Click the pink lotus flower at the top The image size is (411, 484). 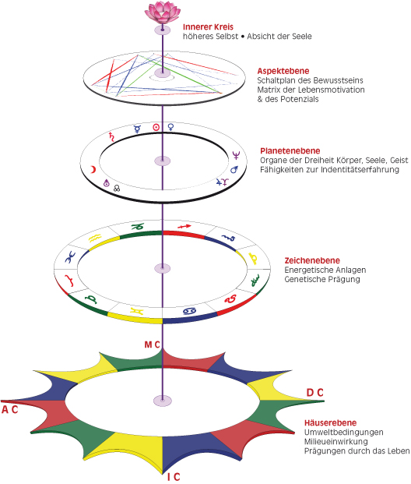coord(163,12)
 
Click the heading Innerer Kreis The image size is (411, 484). coord(208,27)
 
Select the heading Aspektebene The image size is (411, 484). coord(283,71)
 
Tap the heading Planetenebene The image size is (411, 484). coord(290,151)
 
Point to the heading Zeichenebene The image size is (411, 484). coord(312,260)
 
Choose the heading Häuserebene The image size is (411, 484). coord(330,423)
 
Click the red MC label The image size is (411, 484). coord(153,344)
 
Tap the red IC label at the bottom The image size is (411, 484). coord(174,477)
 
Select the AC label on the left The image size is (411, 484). coord(9,410)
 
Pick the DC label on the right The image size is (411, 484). coord(314,393)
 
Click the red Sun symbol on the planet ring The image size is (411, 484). coord(156,127)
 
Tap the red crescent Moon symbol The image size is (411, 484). coord(93,169)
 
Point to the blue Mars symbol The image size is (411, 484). coord(234,169)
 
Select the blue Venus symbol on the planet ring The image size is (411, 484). coord(170,127)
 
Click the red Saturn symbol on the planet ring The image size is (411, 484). coord(111,136)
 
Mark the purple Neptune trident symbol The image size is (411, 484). coord(236,155)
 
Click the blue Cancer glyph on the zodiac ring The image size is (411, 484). coord(190,311)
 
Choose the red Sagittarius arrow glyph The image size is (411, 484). coord(184,227)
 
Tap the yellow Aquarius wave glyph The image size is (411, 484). coord(95,238)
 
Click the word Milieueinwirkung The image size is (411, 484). coord(335,442)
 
